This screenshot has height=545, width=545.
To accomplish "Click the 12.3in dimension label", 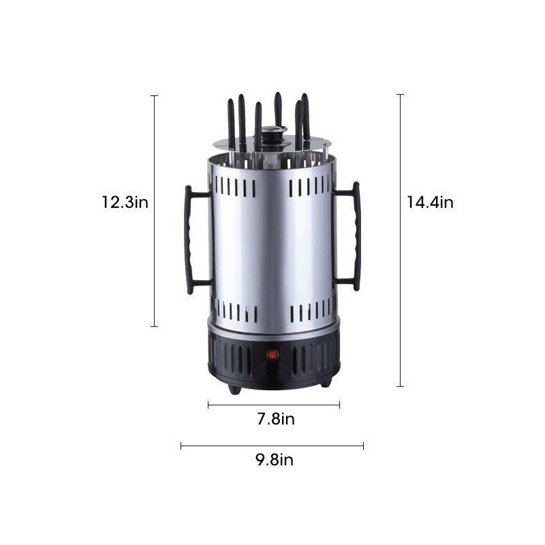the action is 125,202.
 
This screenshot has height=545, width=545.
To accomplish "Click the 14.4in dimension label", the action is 431,202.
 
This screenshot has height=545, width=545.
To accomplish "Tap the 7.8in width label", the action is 276,419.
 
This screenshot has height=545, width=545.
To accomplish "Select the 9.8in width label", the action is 275,459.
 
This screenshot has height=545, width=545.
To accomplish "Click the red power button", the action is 272,355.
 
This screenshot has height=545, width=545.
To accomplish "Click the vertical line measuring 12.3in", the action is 155,211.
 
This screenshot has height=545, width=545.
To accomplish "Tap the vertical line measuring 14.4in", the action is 401,240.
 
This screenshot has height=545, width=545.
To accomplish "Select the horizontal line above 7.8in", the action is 274,405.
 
